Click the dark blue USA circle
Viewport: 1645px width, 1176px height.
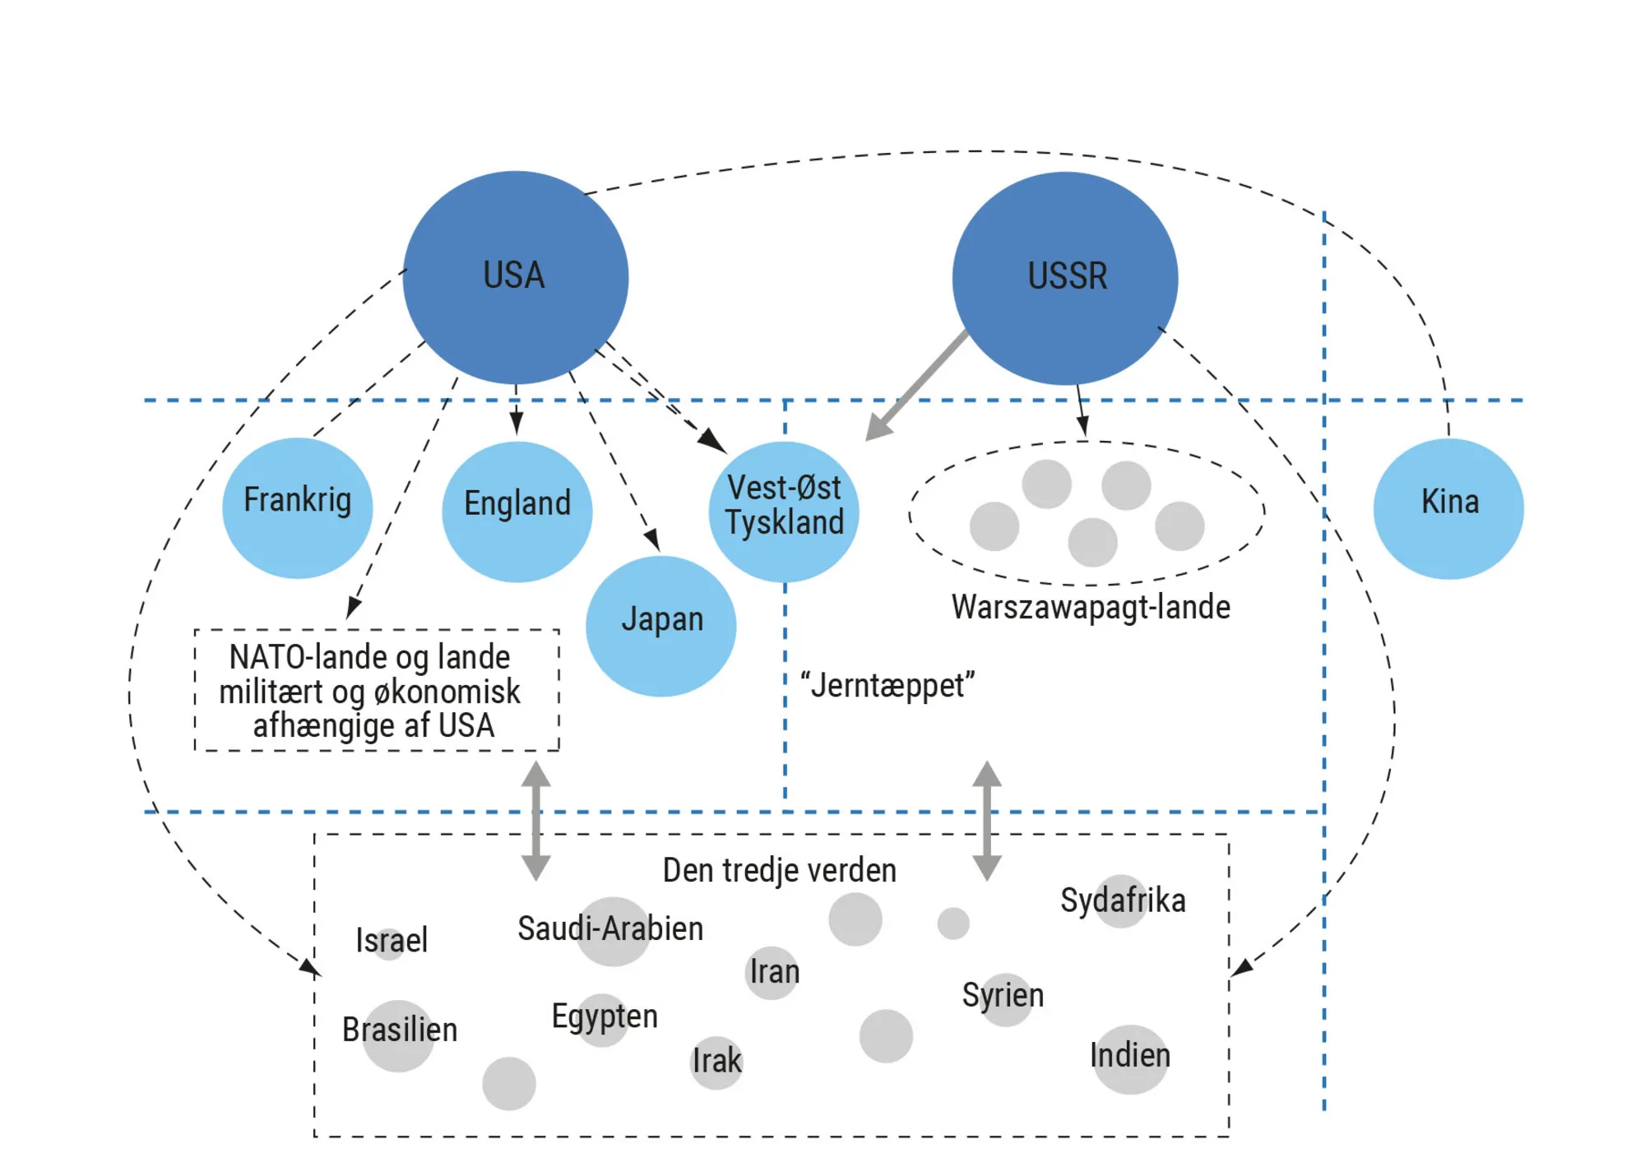click(516, 277)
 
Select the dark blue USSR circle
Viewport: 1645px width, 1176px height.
click(1065, 278)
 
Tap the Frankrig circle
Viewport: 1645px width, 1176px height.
click(297, 507)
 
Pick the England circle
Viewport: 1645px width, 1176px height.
click(517, 511)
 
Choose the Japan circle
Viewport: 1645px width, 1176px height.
click(660, 625)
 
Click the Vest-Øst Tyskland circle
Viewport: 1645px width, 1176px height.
click(784, 511)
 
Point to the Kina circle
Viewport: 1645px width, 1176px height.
click(1448, 508)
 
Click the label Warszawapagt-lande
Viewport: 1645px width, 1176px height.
click(1091, 607)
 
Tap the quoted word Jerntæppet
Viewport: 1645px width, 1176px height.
click(887, 685)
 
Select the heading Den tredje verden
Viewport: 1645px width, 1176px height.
click(779, 870)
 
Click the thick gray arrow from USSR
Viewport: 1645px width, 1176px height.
click(917, 385)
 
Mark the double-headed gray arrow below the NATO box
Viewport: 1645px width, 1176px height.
click(536, 821)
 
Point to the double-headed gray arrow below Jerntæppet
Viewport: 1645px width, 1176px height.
click(987, 821)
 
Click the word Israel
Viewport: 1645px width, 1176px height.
click(392, 940)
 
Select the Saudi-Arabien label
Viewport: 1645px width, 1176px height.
click(610, 928)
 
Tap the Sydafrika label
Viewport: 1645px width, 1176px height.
click(1123, 901)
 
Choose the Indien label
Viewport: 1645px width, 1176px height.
click(1129, 1055)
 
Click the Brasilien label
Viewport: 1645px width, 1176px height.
click(400, 1030)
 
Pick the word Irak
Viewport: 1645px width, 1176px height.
click(716, 1061)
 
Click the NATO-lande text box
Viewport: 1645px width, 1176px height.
click(377, 691)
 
